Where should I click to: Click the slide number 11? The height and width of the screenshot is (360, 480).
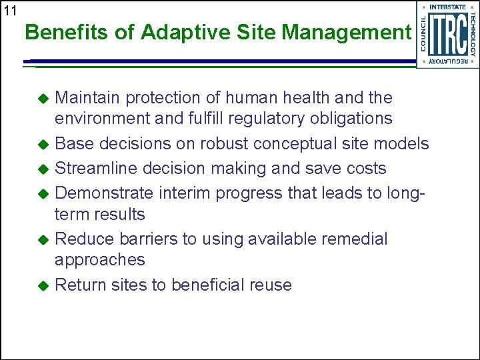tap(9, 10)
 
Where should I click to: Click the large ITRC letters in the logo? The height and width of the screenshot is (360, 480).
tap(447, 34)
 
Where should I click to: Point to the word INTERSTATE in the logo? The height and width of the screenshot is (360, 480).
tap(447, 7)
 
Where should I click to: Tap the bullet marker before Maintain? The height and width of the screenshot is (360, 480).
tap(44, 99)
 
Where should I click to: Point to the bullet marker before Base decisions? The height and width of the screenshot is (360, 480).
tap(44, 145)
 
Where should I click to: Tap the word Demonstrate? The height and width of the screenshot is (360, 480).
tap(103, 193)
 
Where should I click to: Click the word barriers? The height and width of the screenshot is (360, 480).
tap(143, 239)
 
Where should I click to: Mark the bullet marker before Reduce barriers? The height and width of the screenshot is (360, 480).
tap(44, 240)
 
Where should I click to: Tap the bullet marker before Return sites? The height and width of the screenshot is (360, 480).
tap(44, 286)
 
